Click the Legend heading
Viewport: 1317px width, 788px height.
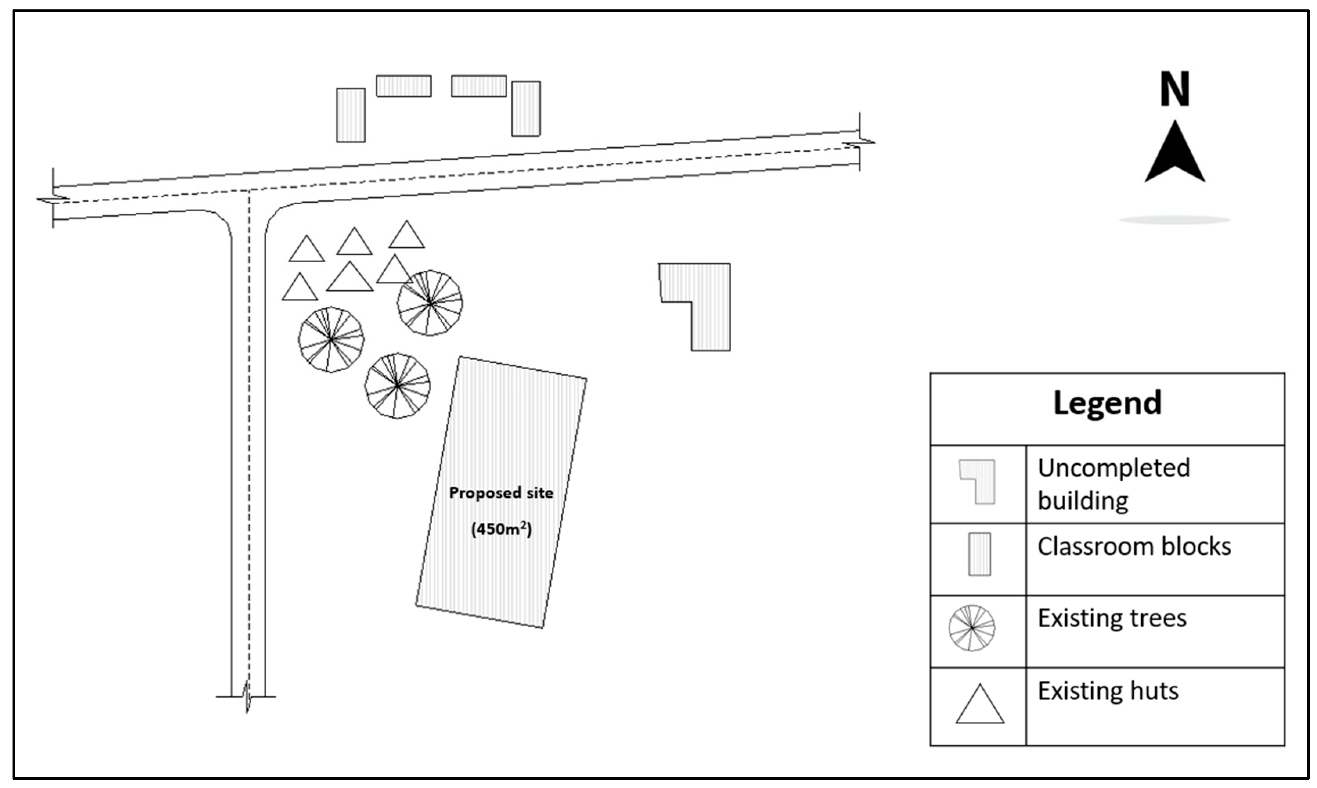1107,403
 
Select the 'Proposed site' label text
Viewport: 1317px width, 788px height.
501,493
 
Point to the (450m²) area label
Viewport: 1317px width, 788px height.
501,529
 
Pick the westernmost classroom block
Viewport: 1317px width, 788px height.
351,115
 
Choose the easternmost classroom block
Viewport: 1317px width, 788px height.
526,109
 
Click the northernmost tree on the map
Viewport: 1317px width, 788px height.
430,303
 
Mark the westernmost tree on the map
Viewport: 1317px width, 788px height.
331,339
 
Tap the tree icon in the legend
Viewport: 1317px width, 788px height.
972,628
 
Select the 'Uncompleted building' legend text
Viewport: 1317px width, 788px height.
1113,484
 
